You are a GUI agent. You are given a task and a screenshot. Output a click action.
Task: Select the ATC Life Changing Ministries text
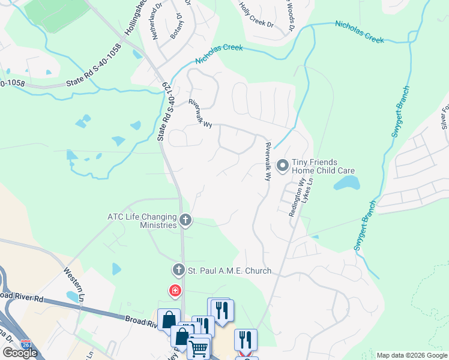coord(142,221)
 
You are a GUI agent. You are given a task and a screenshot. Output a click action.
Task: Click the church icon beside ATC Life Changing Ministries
coord(185,221)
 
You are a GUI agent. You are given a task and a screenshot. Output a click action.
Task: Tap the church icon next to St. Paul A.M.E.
coord(178,270)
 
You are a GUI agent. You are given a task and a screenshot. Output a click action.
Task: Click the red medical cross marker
coord(175,291)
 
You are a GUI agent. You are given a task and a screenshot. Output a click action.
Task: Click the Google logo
coord(20,353)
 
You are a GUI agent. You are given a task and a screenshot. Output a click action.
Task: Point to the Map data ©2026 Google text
coord(412,355)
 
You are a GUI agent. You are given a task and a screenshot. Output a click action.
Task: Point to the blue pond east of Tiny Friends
coord(347,182)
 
